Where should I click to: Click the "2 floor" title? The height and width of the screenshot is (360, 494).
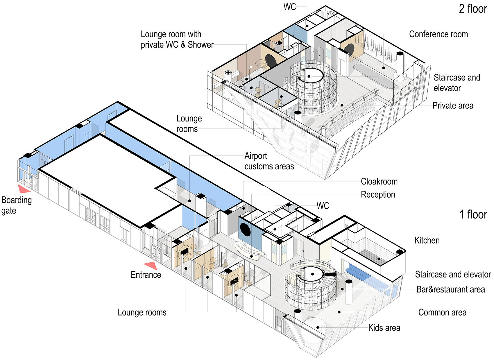[473, 9]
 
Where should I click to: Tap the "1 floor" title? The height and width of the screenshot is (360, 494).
[473, 214]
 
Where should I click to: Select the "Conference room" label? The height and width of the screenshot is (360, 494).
[438, 34]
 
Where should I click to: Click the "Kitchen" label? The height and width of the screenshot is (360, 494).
[427, 240]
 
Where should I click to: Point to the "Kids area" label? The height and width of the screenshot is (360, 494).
[384, 328]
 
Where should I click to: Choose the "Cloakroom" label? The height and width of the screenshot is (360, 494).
[379, 181]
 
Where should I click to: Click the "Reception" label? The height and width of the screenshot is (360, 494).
[378, 194]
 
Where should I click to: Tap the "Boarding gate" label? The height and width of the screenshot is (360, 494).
[17, 205]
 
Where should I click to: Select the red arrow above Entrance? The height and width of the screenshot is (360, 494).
[151, 266]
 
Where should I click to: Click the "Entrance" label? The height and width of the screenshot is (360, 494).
[146, 275]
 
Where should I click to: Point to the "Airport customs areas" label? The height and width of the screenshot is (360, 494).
[269, 161]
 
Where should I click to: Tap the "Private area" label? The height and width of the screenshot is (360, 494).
[453, 105]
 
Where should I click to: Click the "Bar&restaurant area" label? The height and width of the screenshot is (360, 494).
[450, 289]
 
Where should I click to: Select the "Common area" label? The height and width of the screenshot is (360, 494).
[442, 312]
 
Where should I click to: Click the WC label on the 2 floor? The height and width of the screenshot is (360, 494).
[290, 7]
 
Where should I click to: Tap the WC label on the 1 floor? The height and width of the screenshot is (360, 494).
[323, 206]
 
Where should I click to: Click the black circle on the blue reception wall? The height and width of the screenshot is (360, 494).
[245, 230]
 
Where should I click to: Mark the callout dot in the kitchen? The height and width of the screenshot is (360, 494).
[379, 259]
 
